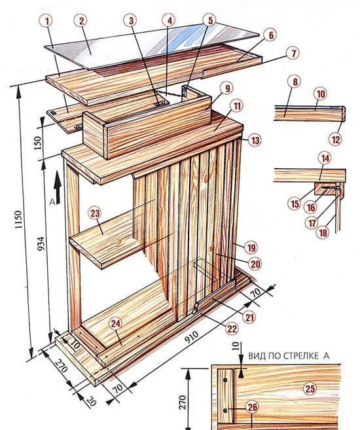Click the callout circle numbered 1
(x=47, y=21)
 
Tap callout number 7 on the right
(x=294, y=53)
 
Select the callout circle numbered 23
(x=95, y=213)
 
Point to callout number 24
(x=115, y=324)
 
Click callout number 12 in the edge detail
(x=336, y=139)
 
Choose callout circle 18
(x=323, y=233)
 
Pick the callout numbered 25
(x=310, y=389)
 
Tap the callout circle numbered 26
(x=253, y=407)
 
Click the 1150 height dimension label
(x=18, y=220)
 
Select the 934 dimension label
(x=41, y=243)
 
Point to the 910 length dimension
(x=191, y=337)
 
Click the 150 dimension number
(x=38, y=143)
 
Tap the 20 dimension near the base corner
(x=91, y=401)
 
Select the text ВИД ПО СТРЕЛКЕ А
(x=289, y=355)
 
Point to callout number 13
(x=255, y=141)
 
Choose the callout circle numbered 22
(x=232, y=329)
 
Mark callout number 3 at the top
(x=132, y=20)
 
